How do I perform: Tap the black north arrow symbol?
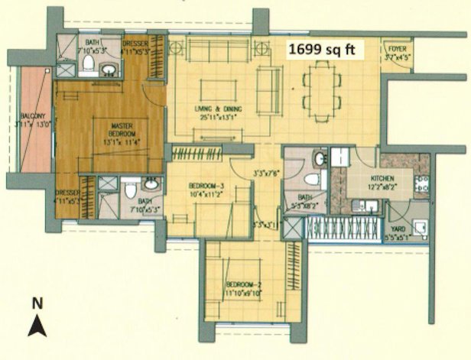(x=37, y=326)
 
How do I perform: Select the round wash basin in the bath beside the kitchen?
(x=320, y=159)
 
